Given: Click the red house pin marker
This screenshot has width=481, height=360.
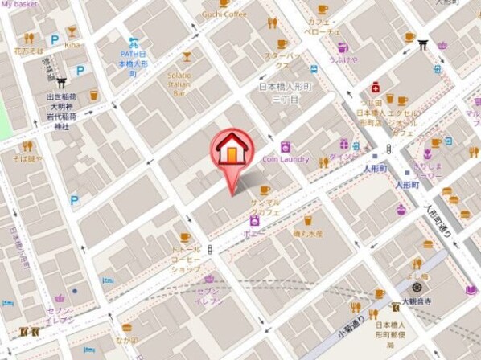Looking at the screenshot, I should point(232,150).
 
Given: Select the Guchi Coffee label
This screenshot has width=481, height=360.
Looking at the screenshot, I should point(224,14).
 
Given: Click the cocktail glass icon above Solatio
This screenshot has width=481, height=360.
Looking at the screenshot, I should point(187,57).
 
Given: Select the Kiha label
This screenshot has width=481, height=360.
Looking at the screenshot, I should point(72,45).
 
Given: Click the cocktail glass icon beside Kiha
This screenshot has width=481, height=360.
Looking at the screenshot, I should point(72,31).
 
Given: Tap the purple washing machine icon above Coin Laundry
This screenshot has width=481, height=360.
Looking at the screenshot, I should point(285,147).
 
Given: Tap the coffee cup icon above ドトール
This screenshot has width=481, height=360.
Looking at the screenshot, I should point(186,237).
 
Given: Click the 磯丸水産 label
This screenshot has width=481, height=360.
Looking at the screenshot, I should point(307,233).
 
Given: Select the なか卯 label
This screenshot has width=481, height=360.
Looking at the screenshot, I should point(126,340).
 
